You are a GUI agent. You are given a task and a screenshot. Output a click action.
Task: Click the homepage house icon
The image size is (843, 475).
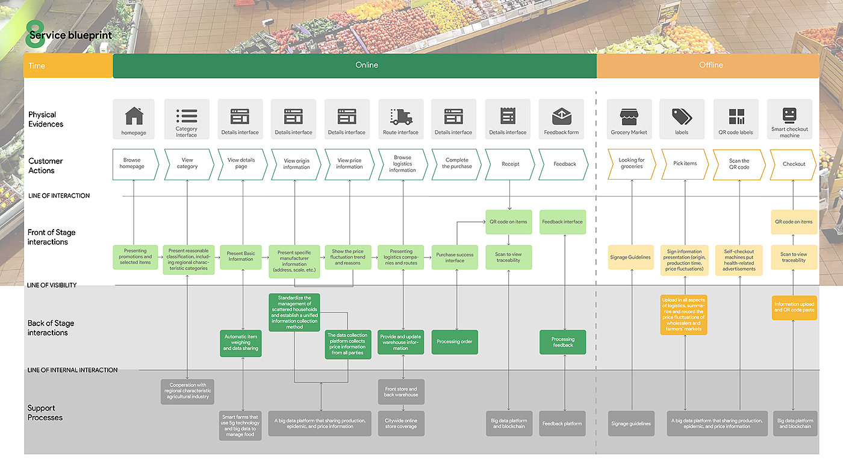click(x=134, y=116)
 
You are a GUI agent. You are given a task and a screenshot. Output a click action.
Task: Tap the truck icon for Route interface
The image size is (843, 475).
click(x=401, y=117)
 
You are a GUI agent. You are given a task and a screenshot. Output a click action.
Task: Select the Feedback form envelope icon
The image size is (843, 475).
click(x=561, y=116)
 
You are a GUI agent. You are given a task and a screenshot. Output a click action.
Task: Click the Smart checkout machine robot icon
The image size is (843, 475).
click(x=789, y=115)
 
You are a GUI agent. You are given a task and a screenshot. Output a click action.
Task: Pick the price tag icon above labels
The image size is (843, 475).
click(x=682, y=116)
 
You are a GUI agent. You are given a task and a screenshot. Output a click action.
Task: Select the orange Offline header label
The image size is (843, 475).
click(x=711, y=65)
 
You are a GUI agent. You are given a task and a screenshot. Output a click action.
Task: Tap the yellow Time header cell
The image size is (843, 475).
click(x=68, y=66)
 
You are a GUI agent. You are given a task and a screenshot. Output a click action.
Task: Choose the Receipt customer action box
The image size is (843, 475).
click(x=510, y=164)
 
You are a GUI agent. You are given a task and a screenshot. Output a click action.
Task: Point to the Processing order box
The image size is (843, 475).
click(x=455, y=342)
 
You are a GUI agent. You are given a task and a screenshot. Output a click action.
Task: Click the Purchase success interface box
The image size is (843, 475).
click(x=455, y=258)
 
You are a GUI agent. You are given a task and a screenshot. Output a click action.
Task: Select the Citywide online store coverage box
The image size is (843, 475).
click(x=401, y=424)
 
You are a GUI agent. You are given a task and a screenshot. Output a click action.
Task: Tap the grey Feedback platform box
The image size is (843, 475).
click(x=562, y=424)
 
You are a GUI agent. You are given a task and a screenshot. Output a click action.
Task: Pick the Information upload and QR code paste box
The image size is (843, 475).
click(x=794, y=307)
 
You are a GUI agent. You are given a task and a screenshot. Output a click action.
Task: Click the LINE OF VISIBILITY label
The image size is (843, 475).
click(x=52, y=285)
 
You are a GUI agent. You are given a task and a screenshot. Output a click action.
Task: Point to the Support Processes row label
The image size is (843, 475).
click(x=45, y=413)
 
